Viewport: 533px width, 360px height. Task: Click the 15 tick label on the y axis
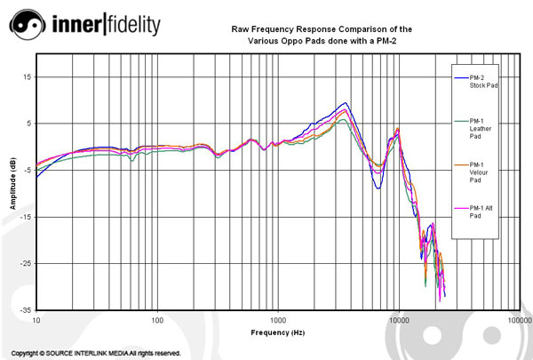click(x=27, y=77)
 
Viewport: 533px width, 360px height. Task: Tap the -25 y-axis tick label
click(x=25, y=264)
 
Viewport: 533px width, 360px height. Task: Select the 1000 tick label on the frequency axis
click(x=278, y=318)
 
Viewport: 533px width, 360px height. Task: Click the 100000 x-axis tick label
click(x=519, y=318)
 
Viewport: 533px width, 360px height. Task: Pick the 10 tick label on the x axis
click(x=36, y=318)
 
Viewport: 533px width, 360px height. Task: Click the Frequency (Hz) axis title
click(x=276, y=331)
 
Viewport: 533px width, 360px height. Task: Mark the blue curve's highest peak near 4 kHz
click(x=344, y=103)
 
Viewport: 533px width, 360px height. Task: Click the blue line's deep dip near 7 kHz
click(x=378, y=188)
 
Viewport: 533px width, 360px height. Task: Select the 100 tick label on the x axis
click(x=157, y=318)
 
